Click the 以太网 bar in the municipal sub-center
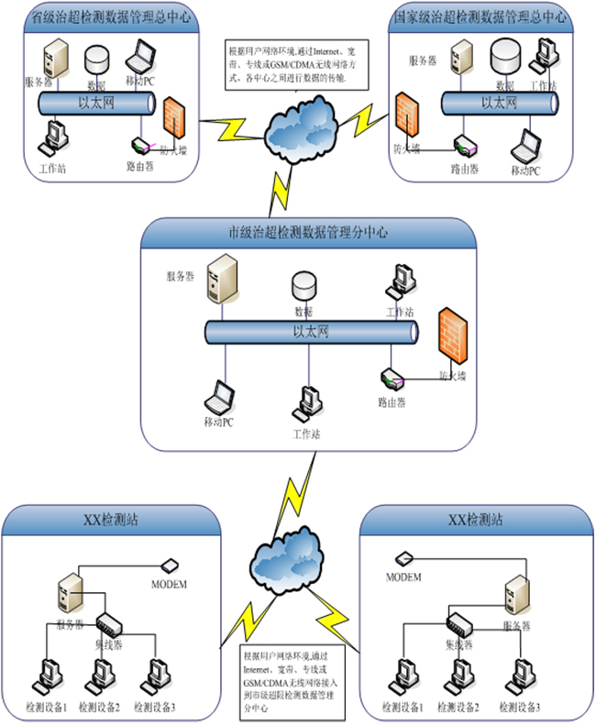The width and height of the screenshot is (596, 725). click(311, 334)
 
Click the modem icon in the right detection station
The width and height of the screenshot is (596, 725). click(404, 558)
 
